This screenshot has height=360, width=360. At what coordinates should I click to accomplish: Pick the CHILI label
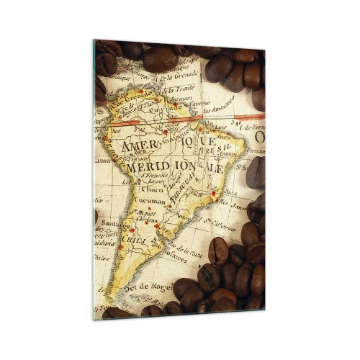[x=133, y=240]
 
